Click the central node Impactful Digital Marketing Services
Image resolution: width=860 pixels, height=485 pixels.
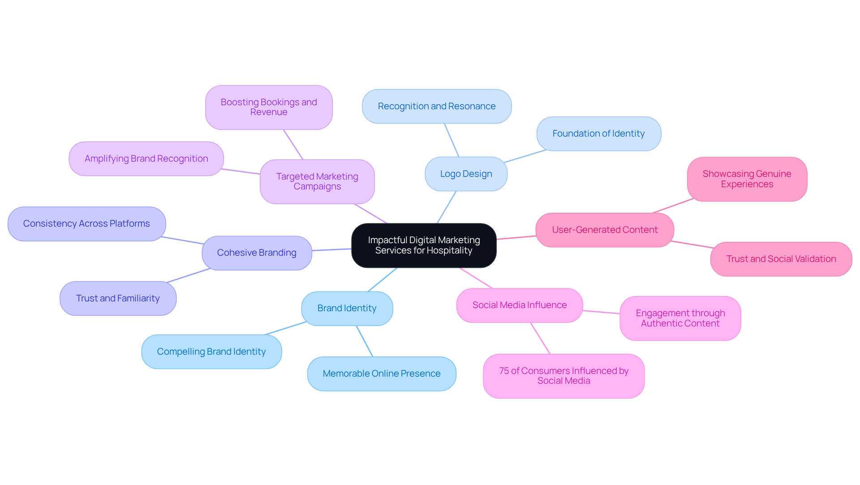[x=424, y=245]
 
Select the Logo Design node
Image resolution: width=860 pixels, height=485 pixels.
[x=466, y=174]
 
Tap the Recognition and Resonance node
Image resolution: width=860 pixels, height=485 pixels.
[x=436, y=106]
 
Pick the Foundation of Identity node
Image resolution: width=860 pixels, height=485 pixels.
[x=598, y=133]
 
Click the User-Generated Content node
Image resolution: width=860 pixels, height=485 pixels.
[x=605, y=230]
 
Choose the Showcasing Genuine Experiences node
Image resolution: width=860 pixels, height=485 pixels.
[x=747, y=179]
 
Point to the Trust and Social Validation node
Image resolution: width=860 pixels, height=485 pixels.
[x=781, y=259]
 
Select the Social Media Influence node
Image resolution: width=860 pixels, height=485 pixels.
[x=519, y=305]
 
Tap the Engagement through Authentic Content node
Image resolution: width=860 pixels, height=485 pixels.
[x=680, y=318]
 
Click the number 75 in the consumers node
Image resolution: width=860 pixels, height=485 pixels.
[x=504, y=371]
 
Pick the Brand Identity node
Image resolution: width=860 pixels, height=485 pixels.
[x=347, y=308]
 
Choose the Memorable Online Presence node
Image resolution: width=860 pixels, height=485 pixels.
[x=381, y=373]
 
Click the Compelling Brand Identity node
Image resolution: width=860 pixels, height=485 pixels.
[x=211, y=352]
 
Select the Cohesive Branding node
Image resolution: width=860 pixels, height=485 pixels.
[x=257, y=253]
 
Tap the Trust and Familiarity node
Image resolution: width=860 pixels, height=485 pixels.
[x=118, y=298]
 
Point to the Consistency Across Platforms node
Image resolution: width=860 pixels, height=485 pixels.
[x=86, y=223]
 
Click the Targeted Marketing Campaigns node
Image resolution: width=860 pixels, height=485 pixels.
[x=317, y=181]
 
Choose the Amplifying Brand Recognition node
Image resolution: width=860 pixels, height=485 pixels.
[x=146, y=159]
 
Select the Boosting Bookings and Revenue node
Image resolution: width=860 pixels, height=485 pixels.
[x=269, y=107]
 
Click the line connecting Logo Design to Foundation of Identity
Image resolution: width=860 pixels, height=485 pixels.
[x=525, y=156]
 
